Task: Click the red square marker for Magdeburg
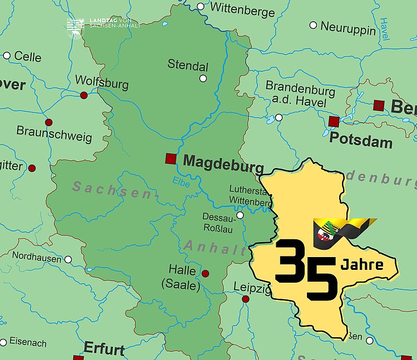(171, 159)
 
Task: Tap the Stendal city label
(188, 65)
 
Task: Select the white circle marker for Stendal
(203, 78)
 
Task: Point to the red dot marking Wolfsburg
(84, 95)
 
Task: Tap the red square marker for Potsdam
(334, 121)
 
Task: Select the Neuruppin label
(348, 28)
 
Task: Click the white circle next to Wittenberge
(201, 7)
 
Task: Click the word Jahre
(362, 264)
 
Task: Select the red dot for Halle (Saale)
(205, 273)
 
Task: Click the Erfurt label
(104, 349)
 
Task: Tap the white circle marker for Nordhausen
(68, 259)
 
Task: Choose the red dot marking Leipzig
(245, 299)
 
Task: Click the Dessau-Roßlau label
(218, 222)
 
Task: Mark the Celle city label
(28, 56)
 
